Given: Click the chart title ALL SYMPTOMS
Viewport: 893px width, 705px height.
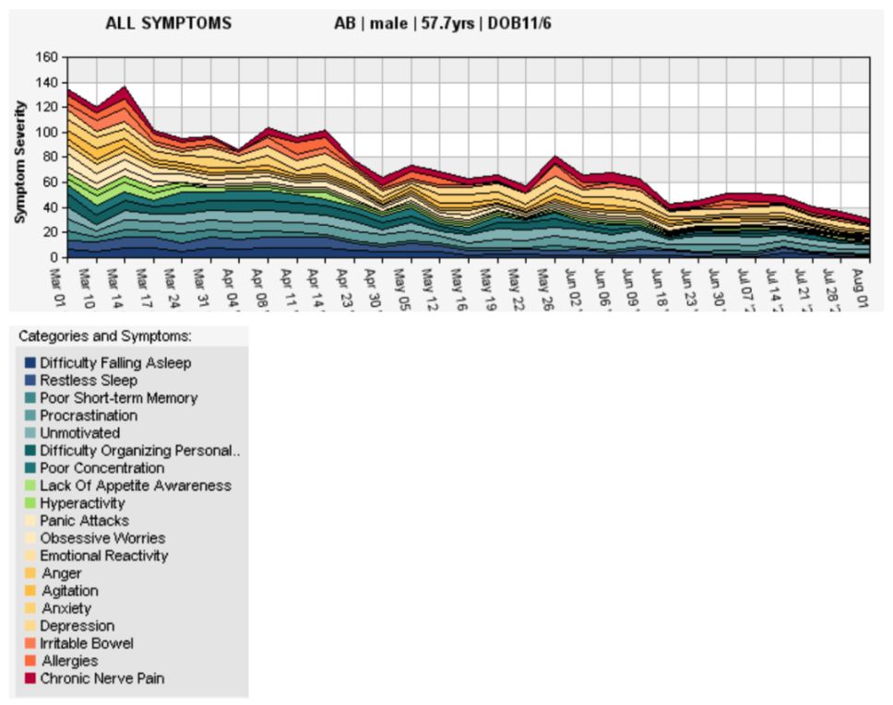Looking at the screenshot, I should click(x=169, y=23).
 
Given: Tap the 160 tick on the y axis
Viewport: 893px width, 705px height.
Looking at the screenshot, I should click(x=45, y=57).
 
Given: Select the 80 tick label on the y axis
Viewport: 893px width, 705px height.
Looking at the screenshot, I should click(x=49, y=157).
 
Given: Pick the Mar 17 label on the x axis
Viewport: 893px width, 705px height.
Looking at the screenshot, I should click(x=141, y=283).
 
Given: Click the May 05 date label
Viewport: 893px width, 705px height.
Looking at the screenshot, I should click(x=399, y=283).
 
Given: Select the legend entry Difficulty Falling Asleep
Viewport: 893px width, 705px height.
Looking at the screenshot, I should click(x=115, y=363).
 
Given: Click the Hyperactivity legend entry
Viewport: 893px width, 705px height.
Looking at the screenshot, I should click(x=82, y=503).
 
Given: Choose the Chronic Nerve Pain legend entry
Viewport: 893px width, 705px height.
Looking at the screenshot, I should click(x=101, y=678).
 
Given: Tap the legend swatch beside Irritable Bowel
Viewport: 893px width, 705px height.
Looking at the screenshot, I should click(x=30, y=643).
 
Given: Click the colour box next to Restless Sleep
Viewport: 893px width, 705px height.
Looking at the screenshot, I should click(x=30, y=381).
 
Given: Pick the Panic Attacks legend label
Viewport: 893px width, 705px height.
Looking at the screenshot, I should click(x=84, y=521).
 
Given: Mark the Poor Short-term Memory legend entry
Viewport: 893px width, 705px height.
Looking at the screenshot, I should click(x=118, y=398).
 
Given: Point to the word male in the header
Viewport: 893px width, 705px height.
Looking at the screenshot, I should click(x=388, y=23).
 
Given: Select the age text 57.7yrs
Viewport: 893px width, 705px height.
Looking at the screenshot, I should click(x=446, y=23).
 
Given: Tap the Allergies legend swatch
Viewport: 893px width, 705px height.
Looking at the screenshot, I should click(x=30, y=661).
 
